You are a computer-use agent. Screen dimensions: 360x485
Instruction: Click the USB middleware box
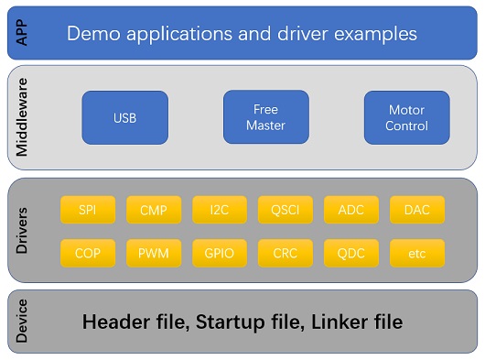(125, 118)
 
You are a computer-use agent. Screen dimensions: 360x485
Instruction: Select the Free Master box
(266, 117)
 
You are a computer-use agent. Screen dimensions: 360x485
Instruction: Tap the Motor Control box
(406, 117)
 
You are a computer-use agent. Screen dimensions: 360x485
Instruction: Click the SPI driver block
(88, 210)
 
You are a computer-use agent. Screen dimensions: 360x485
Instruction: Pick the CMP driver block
(154, 210)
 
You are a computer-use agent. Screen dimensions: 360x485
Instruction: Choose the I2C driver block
(220, 210)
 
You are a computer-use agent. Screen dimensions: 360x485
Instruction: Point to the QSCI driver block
(286, 210)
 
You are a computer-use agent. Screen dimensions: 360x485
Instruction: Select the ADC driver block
(351, 210)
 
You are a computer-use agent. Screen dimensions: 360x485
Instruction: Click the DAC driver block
(417, 210)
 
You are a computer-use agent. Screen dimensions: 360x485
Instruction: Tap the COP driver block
(88, 252)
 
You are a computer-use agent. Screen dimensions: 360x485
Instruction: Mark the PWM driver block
(154, 252)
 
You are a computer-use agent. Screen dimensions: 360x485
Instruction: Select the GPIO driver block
(220, 252)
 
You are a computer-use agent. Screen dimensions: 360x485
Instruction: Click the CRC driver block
(286, 252)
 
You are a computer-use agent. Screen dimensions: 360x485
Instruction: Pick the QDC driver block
(351, 252)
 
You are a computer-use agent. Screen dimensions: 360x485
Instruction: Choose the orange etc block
(417, 252)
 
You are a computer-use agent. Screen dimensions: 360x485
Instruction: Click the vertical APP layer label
(23, 34)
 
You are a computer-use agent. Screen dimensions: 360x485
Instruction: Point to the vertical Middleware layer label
(23, 118)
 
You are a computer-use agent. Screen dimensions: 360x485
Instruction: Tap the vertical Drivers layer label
(23, 230)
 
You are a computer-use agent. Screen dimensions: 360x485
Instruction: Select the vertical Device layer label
(23, 322)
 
